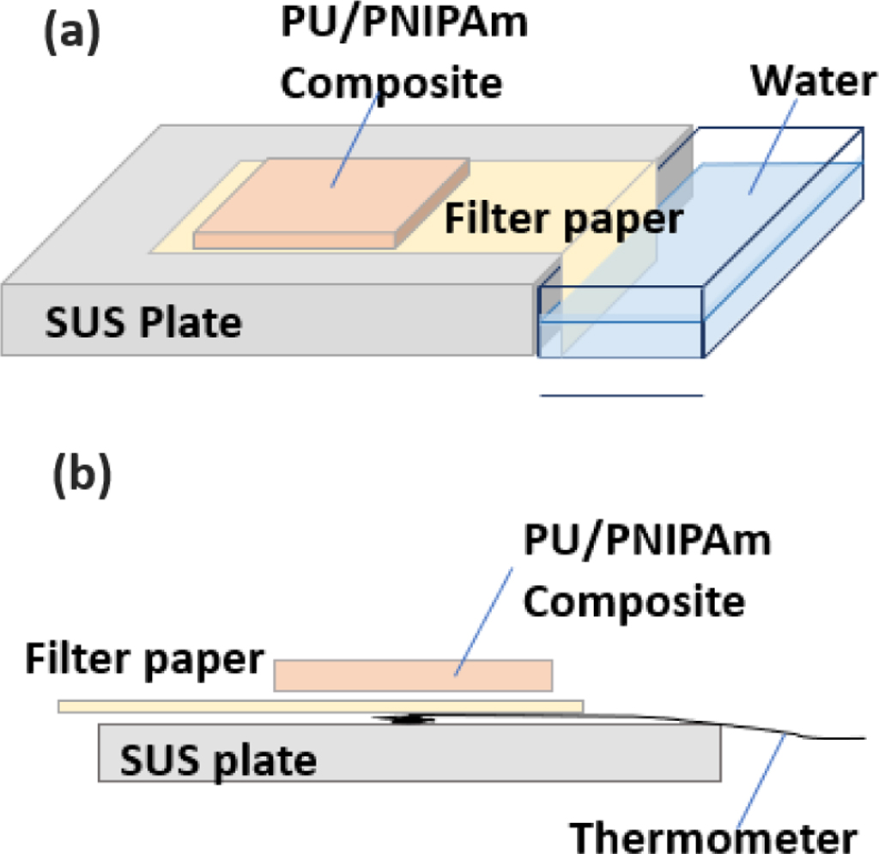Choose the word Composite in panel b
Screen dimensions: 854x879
pyautogui.click(x=634, y=602)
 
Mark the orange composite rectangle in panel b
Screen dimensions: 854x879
pyautogui.click(x=413, y=675)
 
